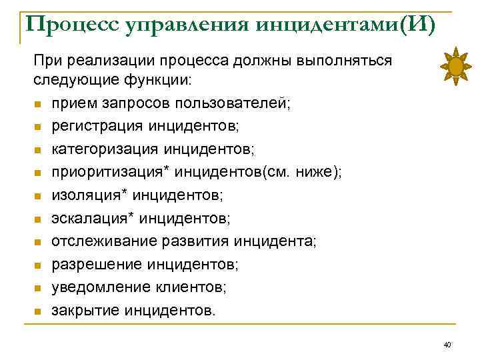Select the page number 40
(x=447, y=344)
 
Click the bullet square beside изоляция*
(x=37, y=196)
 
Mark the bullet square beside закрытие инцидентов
(x=37, y=311)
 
